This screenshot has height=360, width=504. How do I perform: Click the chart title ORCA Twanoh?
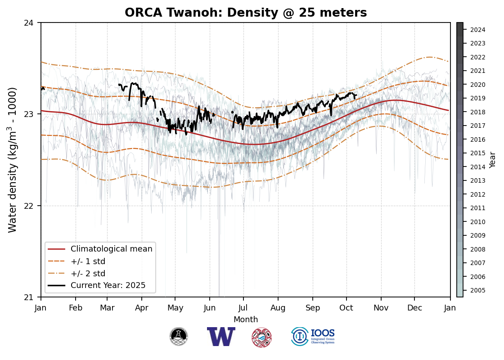click(246, 13)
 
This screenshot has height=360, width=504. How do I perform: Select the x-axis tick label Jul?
click(243, 308)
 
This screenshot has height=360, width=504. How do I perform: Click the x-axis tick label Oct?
click(346, 308)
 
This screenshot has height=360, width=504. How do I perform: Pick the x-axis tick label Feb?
click(75, 308)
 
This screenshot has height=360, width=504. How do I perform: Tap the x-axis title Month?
click(246, 319)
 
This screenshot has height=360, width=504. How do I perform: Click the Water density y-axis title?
click(13, 160)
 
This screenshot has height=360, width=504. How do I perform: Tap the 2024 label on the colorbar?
click(477, 30)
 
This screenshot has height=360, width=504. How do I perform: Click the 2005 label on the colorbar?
click(477, 290)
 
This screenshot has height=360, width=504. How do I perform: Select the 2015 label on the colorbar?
click(477, 153)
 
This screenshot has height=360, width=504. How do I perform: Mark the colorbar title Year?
click(493, 160)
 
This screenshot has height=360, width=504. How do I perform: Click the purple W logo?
click(221, 337)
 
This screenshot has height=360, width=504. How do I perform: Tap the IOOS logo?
click(313, 336)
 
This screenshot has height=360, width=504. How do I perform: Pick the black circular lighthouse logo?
click(179, 337)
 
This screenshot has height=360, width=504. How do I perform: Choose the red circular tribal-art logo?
click(261, 337)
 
